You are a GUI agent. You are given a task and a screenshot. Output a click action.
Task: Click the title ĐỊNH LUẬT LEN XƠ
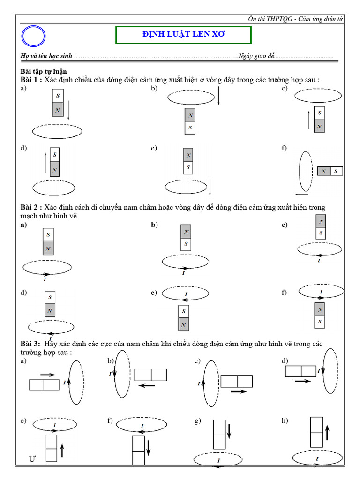pos(183,35)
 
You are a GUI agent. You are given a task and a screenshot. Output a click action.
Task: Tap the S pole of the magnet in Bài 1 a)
pos(57,96)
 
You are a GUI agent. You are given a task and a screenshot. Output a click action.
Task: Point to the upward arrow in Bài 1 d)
pos(45,161)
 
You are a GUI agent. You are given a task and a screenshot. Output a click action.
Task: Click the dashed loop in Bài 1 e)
pos(187,186)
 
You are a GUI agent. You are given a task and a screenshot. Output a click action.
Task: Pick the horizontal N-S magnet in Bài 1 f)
pos(330,171)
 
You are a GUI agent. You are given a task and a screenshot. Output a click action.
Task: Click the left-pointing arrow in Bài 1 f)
pos(301,193)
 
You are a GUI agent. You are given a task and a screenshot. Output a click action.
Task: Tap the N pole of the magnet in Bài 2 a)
pos(49,248)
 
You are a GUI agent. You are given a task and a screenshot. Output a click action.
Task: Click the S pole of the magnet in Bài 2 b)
pos(186,244)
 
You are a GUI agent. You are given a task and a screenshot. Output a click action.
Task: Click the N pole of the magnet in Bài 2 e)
pos(184,324)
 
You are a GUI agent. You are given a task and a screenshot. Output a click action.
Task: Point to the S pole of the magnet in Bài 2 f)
pos(320,322)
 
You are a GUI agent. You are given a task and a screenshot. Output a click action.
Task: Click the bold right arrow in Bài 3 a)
pos(48,375)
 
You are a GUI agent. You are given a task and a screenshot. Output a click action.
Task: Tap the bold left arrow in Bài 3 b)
pos(147,385)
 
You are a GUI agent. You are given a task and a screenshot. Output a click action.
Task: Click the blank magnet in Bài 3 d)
pos(301,371)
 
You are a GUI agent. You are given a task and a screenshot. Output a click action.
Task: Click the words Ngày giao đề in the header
pos(256,56)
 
